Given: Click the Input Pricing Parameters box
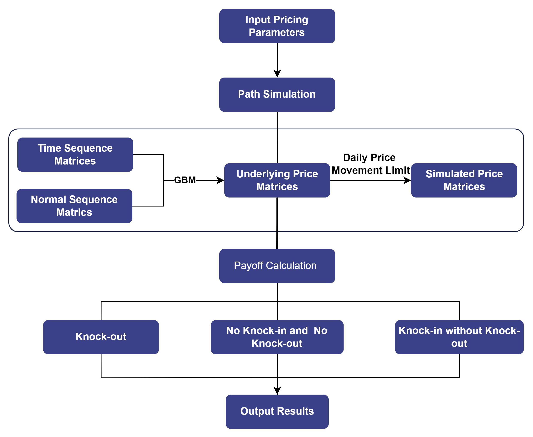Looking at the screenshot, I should (277, 26).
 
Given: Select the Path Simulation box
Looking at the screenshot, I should (277, 94).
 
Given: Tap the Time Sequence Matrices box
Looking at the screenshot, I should (75, 155).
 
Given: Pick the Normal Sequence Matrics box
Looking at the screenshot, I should (74, 206).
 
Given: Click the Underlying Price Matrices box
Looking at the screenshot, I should (277, 180).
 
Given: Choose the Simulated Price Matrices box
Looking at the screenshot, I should (464, 180).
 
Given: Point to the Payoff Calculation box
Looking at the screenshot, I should (277, 266).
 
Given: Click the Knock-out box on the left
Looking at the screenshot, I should (101, 337).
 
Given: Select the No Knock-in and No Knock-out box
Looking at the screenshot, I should (277, 337).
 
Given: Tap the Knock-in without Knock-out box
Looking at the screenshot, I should (459, 337).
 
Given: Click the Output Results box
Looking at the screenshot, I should (277, 411).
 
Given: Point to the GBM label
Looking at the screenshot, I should (185, 180).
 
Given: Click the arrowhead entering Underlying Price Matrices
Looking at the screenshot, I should (220, 180).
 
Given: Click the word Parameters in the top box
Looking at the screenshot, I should (277, 33).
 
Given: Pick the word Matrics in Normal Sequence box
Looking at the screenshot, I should (74, 212).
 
